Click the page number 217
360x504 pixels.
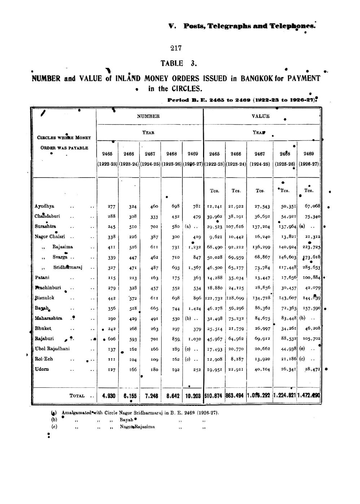tap(176, 48)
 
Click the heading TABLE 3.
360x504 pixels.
tap(179, 64)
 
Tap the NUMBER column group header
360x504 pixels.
tap(148, 116)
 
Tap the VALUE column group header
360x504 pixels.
tap(260, 116)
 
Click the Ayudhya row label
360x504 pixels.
tap(44, 206)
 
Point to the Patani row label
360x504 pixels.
tap(42, 277)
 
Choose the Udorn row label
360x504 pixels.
tap(42, 369)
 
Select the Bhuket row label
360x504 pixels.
tap(43, 328)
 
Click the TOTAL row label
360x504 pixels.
tap(77, 396)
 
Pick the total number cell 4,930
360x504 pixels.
tap(109, 396)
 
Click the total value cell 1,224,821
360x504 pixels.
tap(285, 396)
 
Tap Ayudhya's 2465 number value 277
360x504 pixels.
tap(111, 207)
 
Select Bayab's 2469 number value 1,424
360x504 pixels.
tap(194, 309)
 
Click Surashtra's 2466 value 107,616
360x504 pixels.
tap(235, 227)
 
